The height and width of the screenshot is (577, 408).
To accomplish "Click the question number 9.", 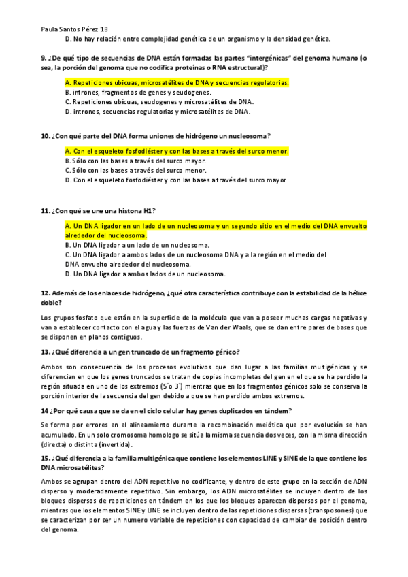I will click(44, 59).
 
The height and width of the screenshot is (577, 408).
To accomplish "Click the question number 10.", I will click(46, 136).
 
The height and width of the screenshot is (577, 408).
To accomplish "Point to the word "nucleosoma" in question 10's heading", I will click(248, 136).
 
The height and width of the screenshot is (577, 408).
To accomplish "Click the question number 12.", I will click(46, 293).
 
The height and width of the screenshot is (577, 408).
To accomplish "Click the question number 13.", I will click(46, 352).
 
